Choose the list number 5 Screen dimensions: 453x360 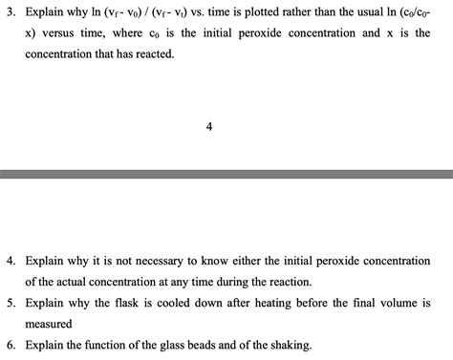click(9, 302)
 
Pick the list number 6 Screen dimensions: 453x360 click(9, 345)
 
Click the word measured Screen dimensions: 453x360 click(50, 324)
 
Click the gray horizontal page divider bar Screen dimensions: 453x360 click(226, 175)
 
